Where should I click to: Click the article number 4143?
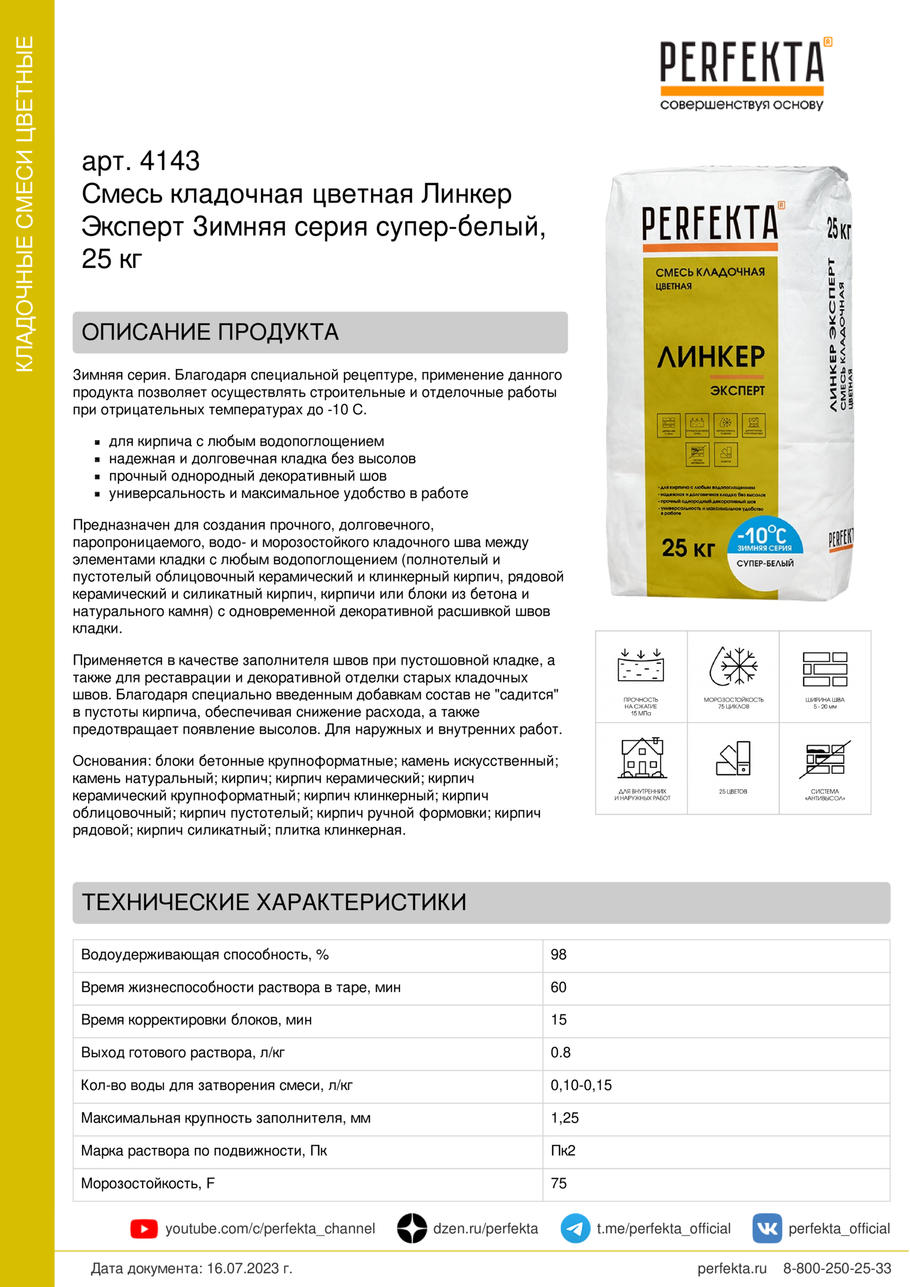pos(170,161)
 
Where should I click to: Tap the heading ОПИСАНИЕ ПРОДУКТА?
pos(210,332)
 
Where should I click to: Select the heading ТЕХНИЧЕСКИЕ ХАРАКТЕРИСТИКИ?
pos(274,902)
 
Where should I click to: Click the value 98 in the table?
pos(558,955)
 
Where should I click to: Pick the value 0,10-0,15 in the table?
pos(581,1085)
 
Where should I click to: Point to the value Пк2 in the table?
pos(563,1150)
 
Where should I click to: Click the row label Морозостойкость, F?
pos(148,1184)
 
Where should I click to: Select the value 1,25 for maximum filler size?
pos(565,1118)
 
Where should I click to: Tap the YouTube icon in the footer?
pos(144,1229)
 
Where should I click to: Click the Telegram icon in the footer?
pos(575,1229)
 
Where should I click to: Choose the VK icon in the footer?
pos(766,1229)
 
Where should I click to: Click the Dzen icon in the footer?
pos(412,1229)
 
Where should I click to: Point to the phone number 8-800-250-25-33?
pos(837,1268)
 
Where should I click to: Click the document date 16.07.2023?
pos(250,1268)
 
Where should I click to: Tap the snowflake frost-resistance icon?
pos(733,666)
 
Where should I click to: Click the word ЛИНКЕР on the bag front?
pos(710,358)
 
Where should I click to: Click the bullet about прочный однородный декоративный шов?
pos(247,476)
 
